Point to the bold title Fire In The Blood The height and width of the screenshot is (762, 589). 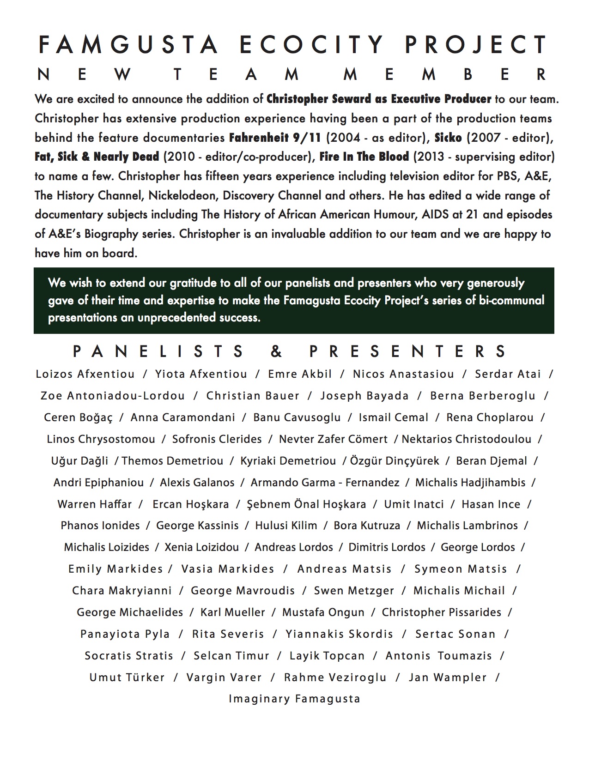364,157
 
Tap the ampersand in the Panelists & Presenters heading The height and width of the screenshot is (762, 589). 276,352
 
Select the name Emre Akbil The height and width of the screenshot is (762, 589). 300,374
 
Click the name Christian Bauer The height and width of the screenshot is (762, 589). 253,396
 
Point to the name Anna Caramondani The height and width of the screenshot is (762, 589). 183,417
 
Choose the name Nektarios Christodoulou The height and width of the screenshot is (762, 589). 467,439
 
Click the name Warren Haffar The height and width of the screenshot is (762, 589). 95,504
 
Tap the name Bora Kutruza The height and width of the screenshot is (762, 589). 367,526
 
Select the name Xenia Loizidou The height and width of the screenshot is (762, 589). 202,547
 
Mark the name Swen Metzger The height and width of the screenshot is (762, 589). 354,591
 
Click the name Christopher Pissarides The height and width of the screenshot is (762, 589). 441,612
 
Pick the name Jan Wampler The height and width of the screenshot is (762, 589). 448,677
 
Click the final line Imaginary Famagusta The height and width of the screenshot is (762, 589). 294,699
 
